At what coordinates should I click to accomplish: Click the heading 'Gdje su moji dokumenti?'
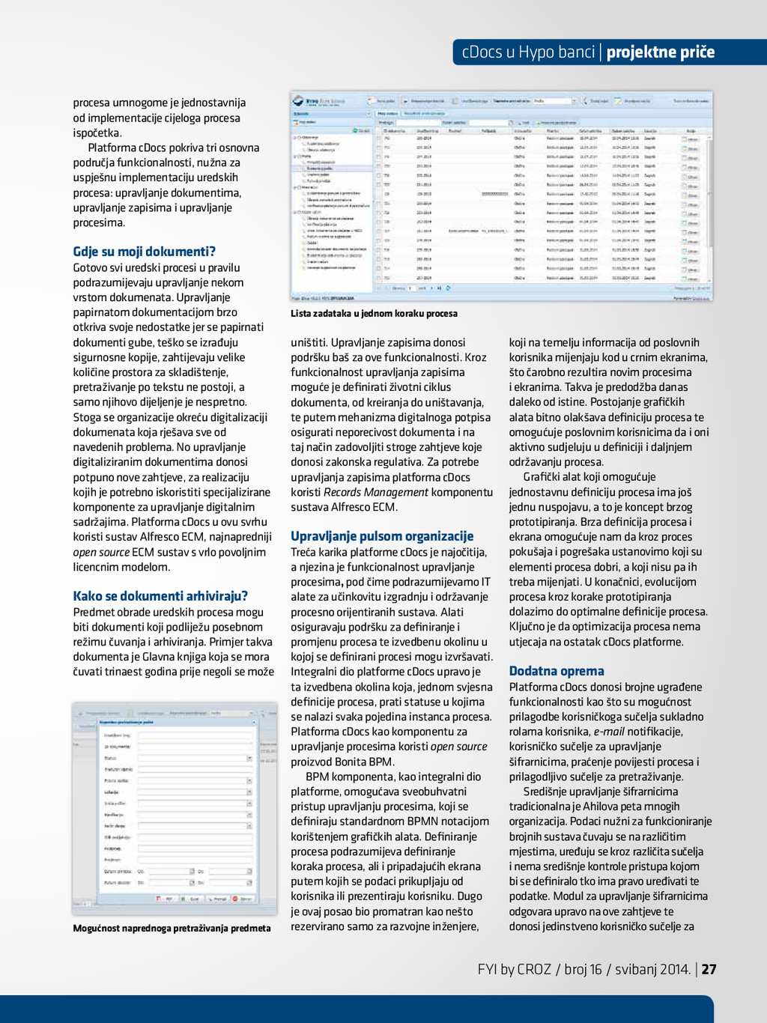pyautogui.click(x=144, y=252)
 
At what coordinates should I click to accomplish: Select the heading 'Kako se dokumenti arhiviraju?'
pyautogui.click(x=160, y=596)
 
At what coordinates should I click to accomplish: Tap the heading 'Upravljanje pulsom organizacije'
pyautogui.click(x=382, y=536)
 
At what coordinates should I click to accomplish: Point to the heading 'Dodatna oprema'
pyautogui.click(x=557, y=671)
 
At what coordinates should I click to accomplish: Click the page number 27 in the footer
pyautogui.click(x=709, y=969)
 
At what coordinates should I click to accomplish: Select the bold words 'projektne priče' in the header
pyautogui.click(x=660, y=52)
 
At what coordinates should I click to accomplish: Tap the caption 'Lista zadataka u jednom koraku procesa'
pyautogui.click(x=374, y=314)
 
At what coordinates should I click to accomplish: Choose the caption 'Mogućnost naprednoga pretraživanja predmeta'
pyautogui.click(x=172, y=929)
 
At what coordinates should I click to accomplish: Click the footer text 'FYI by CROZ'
pyautogui.click(x=514, y=969)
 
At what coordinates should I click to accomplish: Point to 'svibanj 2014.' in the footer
pyautogui.click(x=652, y=969)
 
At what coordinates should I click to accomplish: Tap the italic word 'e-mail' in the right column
pyautogui.click(x=608, y=732)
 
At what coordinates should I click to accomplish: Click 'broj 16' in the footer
pyautogui.click(x=583, y=969)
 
